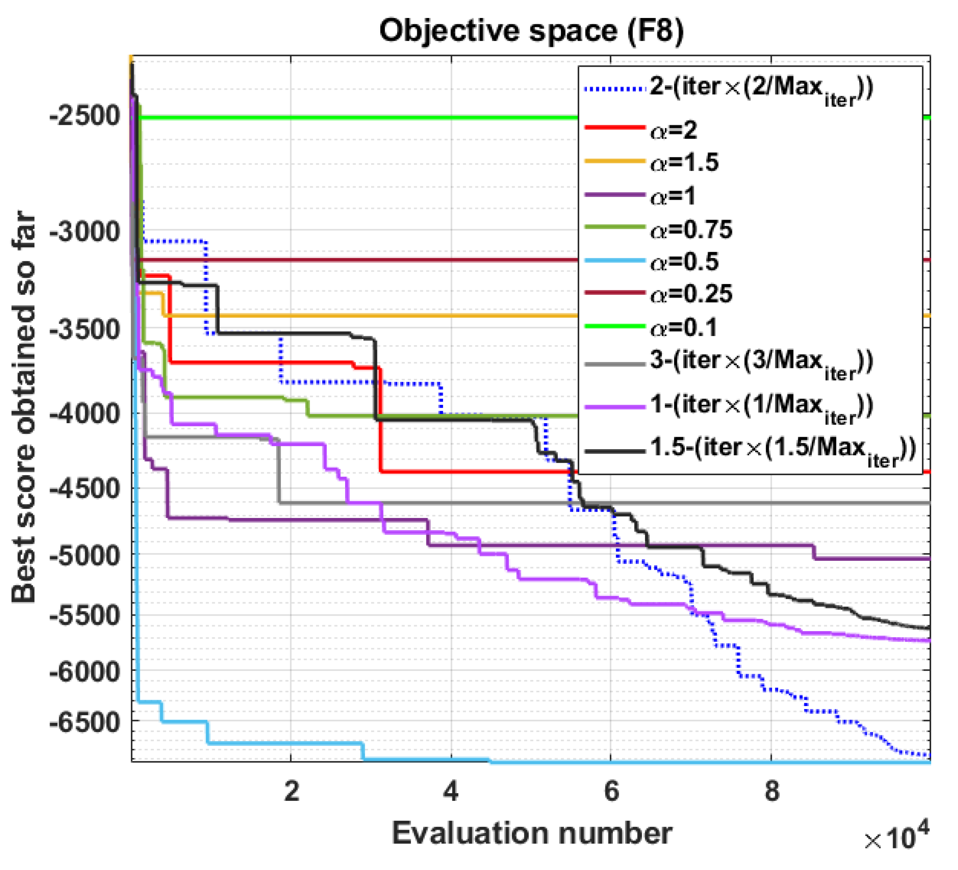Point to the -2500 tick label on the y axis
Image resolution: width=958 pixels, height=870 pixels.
point(84,116)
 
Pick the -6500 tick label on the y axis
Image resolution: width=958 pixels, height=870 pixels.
point(84,722)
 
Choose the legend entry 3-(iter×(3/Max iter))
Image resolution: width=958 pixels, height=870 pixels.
point(760,363)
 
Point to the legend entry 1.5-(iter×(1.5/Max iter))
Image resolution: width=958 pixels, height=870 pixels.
point(782,449)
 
